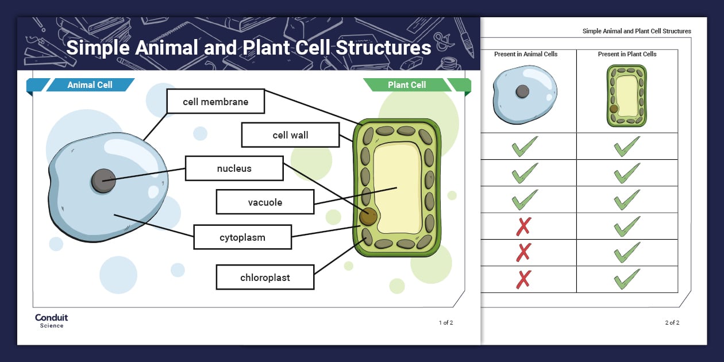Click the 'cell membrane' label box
(x=215, y=102)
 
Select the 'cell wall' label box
(x=290, y=135)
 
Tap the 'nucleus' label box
(x=234, y=168)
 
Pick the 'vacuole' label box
(x=265, y=202)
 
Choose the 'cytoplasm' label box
(x=242, y=237)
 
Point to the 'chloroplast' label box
(x=265, y=278)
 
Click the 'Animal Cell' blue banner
(x=90, y=85)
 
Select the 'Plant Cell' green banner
(x=407, y=85)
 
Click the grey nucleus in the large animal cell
(x=103, y=181)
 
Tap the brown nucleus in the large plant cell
(x=368, y=217)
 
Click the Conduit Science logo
(x=51, y=321)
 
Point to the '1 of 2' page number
(x=446, y=323)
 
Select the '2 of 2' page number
(x=672, y=323)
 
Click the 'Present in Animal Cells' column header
(x=526, y=54)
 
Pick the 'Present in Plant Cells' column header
(x=627, y=54)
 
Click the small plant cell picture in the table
(x=626, y=95)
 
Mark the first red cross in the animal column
(x=523, y=226)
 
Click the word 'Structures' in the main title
(x=383, y=48)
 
